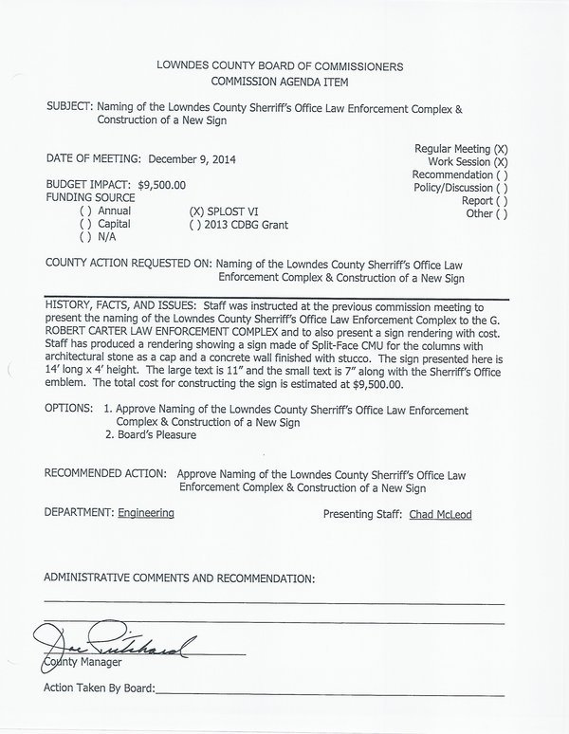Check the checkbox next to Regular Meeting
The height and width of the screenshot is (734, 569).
pyautogui.click(x=501, y=150)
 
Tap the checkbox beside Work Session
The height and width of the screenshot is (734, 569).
pyautogui.click(x=501, y=163)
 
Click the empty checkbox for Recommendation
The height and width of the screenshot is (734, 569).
pyautogui.click(x=501, y=175)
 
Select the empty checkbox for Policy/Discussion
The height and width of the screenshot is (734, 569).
pyautogui.click(x=501, y=189)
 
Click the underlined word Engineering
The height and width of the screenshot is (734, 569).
pyautogui.click(x=146, y=513)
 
